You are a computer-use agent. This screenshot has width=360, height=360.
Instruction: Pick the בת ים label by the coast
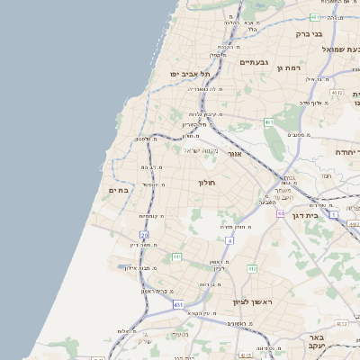pos(121,190)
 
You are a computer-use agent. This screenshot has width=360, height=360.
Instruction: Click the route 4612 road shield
pos(337,92)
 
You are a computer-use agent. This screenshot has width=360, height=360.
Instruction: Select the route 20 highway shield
pos(144,235)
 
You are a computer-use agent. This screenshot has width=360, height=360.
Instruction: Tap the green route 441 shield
pos(177,257)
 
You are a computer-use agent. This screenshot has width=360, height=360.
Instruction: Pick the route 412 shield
pos(252,268)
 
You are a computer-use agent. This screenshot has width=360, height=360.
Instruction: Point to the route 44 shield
pos(281,213)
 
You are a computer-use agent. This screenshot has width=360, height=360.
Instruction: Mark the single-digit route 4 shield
pos(229,241)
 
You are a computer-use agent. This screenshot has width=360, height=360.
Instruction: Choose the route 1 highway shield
pos(333,214)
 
